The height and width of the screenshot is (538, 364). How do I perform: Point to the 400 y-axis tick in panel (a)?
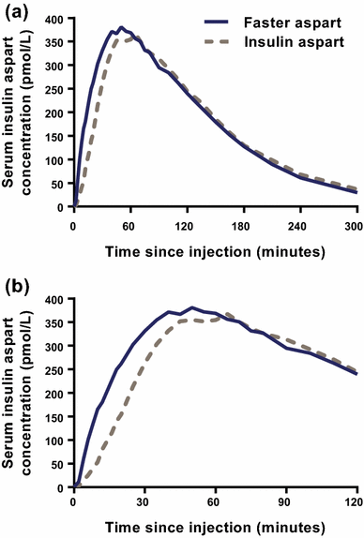coord(56,19)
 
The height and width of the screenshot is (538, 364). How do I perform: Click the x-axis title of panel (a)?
coord(213,250)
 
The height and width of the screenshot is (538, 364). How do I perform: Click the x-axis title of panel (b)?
coord(213,528)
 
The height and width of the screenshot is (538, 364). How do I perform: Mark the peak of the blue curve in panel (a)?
coord(120,28)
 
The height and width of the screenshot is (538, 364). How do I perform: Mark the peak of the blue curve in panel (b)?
coord(191,307)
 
